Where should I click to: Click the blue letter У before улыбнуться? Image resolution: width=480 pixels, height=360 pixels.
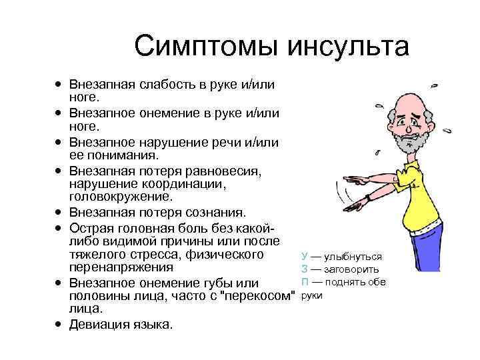click(x=305, y=256)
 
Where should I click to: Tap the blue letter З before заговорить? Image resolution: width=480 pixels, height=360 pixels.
click(x=305, y=269)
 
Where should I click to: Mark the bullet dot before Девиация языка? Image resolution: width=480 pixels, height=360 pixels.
click(x=59, y=325)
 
